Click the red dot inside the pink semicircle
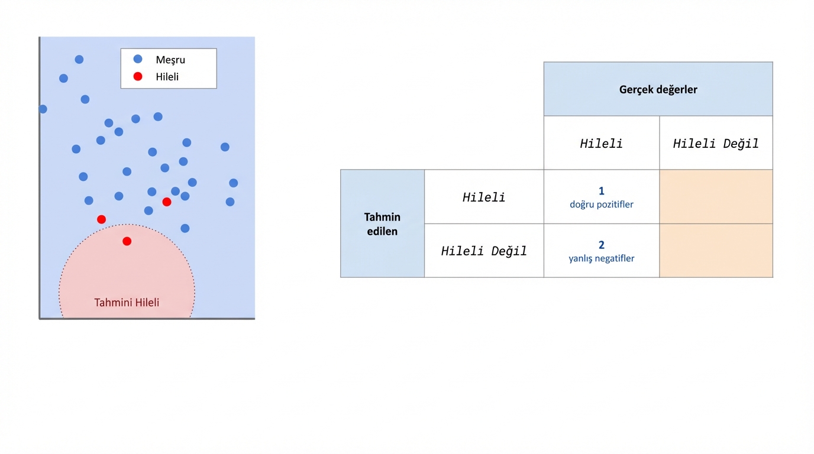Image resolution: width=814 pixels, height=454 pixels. click(127, 241)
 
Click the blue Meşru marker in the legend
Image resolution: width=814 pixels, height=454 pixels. click(138, 59)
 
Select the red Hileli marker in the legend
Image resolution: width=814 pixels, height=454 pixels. click(138, 76)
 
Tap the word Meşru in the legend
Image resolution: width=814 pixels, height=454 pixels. click(170, 60)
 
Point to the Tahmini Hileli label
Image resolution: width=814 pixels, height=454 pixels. click(127, 303)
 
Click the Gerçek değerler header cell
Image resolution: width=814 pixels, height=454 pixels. click(658, 90)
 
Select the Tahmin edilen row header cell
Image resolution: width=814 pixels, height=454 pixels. click(382, 224)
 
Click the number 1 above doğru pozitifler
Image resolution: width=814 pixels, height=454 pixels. click(602, 191)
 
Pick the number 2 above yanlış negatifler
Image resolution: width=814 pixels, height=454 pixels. click(602, 245)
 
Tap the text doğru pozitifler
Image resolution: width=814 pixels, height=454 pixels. click(602, 205)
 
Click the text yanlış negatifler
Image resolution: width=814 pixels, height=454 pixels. click(602, 258)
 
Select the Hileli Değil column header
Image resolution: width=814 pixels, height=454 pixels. click(716, 143)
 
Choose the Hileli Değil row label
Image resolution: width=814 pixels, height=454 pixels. click(484, 251)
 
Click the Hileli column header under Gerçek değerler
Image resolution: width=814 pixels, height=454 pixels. click(601, 143)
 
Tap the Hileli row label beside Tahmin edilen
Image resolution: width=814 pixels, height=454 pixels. click(484, 197)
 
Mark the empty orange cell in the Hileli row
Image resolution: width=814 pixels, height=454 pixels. click(716, 197)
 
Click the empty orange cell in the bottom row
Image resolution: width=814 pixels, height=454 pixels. click(716, 251)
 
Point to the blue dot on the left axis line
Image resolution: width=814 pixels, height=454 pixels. click(43, 109)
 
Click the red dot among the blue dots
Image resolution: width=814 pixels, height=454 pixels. click(167, 202)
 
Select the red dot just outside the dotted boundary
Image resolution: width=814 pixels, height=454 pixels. click(101, 219)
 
